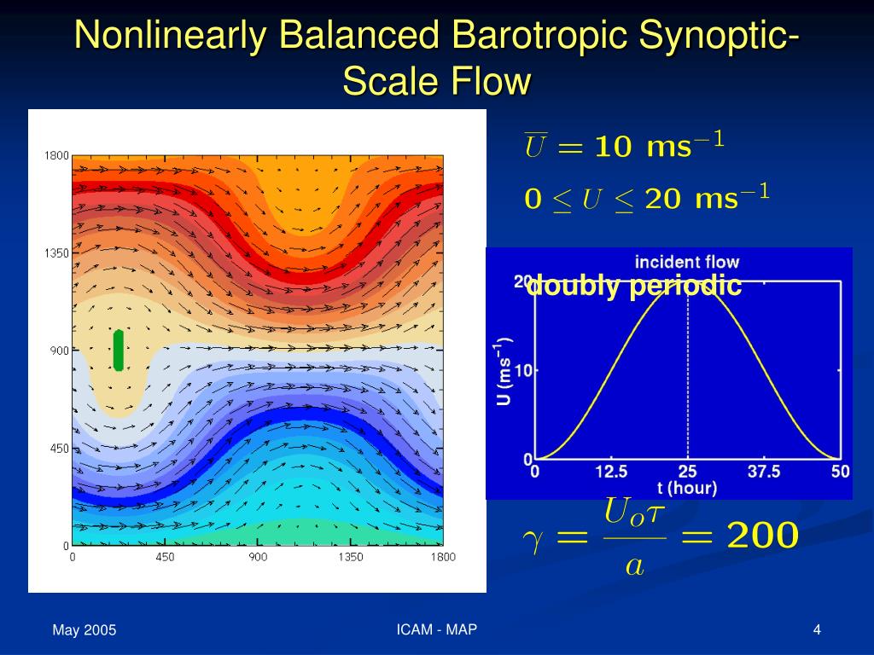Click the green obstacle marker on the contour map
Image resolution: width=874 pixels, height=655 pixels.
(118, 351)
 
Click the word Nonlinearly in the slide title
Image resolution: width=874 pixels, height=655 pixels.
(171, 34)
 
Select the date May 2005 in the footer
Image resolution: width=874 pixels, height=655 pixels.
(84, 630)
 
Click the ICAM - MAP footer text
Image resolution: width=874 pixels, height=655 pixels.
(436, 629)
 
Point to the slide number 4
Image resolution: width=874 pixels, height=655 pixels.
(817, 630)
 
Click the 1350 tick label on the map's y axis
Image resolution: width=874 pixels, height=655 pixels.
(56, 253)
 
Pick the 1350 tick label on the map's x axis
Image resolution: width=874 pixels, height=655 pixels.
(351, 557)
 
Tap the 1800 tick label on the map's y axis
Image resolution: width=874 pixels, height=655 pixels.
(56, 155)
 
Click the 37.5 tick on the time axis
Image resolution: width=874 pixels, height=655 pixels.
(764, 472)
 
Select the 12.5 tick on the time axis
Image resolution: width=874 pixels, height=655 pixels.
(611, 472)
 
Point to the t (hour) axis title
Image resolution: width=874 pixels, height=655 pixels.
(687, 489)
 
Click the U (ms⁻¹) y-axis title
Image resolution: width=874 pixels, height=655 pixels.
(504, 370)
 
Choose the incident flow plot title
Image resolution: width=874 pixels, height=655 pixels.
(687, 262)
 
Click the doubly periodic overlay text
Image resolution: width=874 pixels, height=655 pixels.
(634, 286)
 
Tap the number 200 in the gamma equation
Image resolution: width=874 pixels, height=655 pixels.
(762, 535)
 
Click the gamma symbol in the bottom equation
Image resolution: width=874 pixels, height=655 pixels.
(533, 539)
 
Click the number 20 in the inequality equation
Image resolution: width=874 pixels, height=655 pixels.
(662, 200)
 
